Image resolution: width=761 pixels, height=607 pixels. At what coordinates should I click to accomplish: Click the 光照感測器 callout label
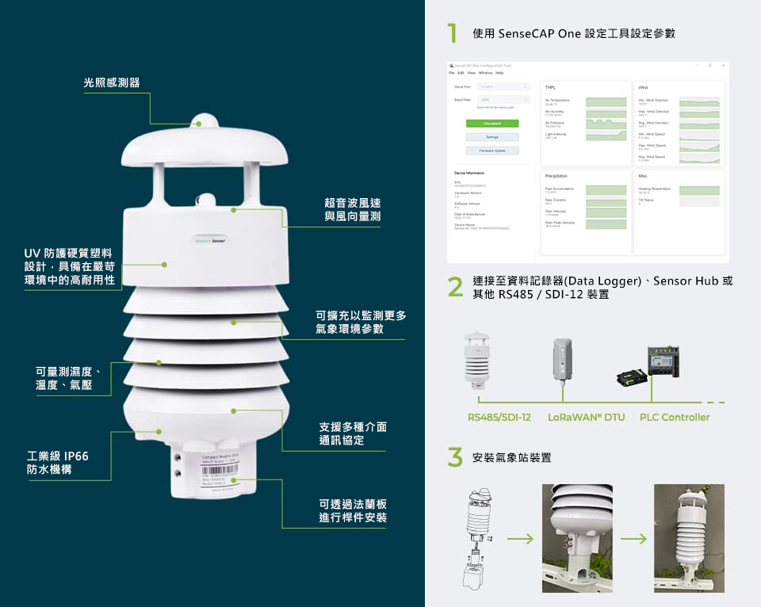pyautogui.click(x=111, y=82)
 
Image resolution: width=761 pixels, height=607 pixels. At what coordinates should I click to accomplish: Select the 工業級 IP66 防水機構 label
pyautogui.click(x=58, y=463)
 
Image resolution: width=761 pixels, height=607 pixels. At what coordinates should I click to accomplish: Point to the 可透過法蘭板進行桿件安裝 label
pyautogui.click(x=353, y=511)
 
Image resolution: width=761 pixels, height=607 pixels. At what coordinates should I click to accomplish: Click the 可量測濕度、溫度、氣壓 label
pyautogui.click(x=68, y=378)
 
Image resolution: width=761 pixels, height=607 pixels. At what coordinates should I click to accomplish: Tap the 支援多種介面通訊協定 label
pyautogui.click(x=353, y=433)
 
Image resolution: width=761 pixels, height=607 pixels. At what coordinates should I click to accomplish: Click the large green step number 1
pyautogui.click(x=453, y=33)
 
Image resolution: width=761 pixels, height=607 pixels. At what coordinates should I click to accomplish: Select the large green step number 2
pyautogui.click(x=454, y=288)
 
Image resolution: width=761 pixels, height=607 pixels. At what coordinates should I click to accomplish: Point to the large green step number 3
pyautogui.click(x=454, y=457)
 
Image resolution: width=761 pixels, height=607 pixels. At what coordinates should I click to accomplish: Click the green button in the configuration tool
pyautogui.click(x=491, y=124)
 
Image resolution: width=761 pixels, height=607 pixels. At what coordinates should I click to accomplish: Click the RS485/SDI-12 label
pyautogui.click(x=499, y=418)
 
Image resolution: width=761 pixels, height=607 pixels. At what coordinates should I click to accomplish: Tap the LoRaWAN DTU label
pyautogui.click(x=586, y=418)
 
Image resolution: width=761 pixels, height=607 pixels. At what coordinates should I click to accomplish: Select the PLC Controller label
pyautogui.click(x=675, y=418)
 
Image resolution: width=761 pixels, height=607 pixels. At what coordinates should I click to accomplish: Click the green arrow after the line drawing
pyautogui.click(x=520, y=539)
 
